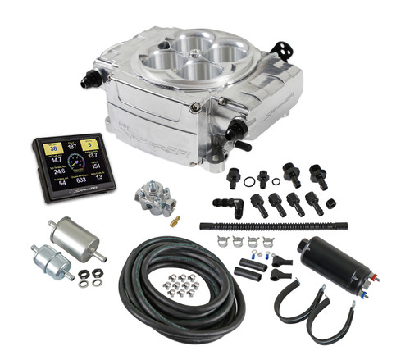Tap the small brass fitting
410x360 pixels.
point(174,221)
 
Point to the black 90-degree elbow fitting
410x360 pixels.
point(225,203)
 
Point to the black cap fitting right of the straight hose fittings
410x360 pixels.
point(330,203)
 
